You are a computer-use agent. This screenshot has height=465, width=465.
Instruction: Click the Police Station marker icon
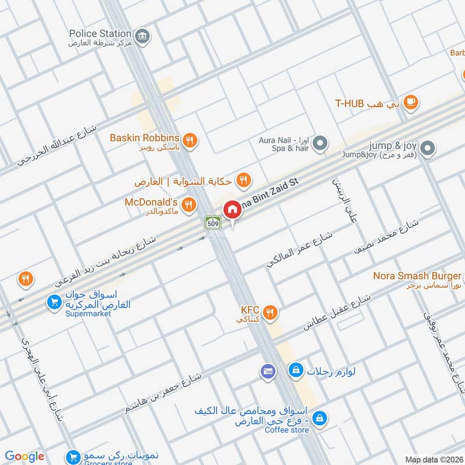point(142,38)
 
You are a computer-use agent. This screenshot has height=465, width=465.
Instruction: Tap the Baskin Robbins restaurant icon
point(189,140)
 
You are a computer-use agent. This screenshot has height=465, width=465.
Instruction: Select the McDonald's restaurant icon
point(188,204)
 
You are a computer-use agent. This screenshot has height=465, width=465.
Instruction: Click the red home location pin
point(233,210)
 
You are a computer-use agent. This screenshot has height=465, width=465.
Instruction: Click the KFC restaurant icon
point(270,313)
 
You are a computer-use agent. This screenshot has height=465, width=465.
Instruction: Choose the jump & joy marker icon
point(428,149)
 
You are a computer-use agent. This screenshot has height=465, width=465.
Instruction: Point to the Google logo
point(25,456)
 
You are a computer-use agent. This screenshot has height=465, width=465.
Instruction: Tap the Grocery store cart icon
point(73,457)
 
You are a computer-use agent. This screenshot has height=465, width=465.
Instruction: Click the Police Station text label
point(100,34)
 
